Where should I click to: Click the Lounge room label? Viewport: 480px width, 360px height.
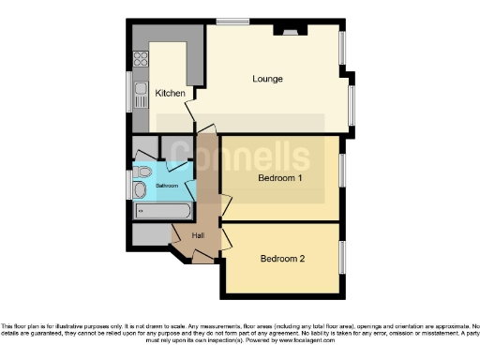(267, 79)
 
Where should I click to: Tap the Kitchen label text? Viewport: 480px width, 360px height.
(170, 93)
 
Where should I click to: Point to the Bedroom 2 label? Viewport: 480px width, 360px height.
(282, 258)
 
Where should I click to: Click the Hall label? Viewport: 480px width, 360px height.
(198, 235)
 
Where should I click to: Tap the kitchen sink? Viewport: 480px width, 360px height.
(141, 92)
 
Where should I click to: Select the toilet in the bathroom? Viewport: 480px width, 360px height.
(142, 172)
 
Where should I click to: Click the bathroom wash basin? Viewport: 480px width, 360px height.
(140, 191)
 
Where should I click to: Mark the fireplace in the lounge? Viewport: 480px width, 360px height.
(285, 31)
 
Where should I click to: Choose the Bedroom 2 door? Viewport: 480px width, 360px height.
(225, 238)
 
